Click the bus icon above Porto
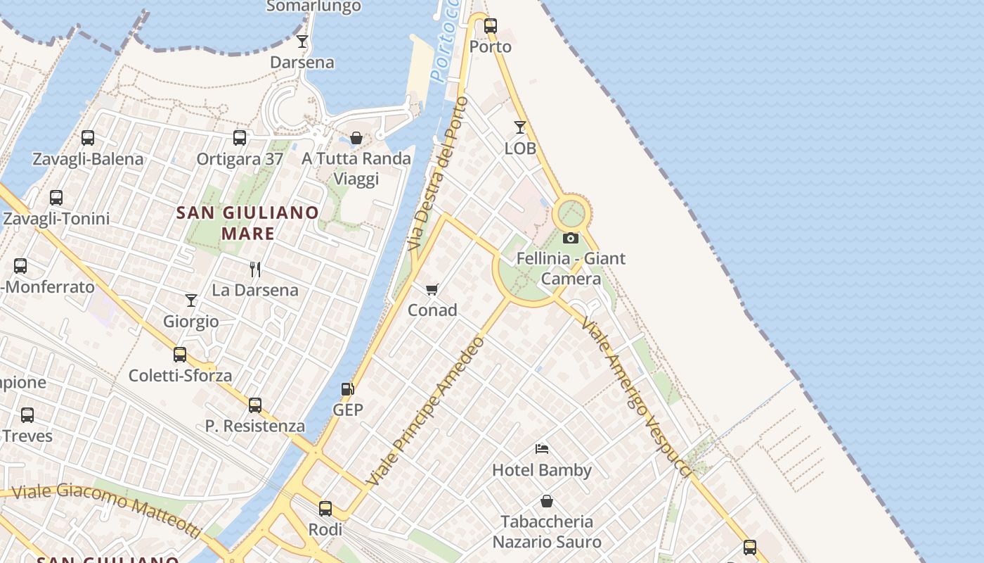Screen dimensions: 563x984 coord(491,26)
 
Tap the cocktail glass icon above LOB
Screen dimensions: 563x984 coord(520,127)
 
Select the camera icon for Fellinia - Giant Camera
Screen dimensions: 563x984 coord(571,238)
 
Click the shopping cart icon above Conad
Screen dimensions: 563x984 coord(432,289)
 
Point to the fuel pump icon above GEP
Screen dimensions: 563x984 coord(347,389)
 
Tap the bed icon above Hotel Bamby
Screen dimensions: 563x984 coord(541,448)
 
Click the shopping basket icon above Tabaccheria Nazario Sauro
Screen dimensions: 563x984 coord(547,501)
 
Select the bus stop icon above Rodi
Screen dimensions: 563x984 coord(325,508)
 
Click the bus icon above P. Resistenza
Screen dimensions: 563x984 coord(255,405)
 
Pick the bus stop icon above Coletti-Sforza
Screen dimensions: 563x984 coord(180,355)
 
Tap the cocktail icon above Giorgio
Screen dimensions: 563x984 coord(191,301)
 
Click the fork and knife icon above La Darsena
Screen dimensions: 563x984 coord(255,269)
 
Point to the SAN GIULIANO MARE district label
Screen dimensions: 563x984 coord(247,222)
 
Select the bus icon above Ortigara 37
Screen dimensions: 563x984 coord(240,138)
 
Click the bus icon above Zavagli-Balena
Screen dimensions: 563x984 coord(88,138)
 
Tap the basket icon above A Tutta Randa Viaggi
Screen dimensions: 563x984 coord(356,138)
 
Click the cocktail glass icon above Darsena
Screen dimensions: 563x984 coord(302,42)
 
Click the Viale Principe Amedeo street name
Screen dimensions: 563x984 coord(427,412)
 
